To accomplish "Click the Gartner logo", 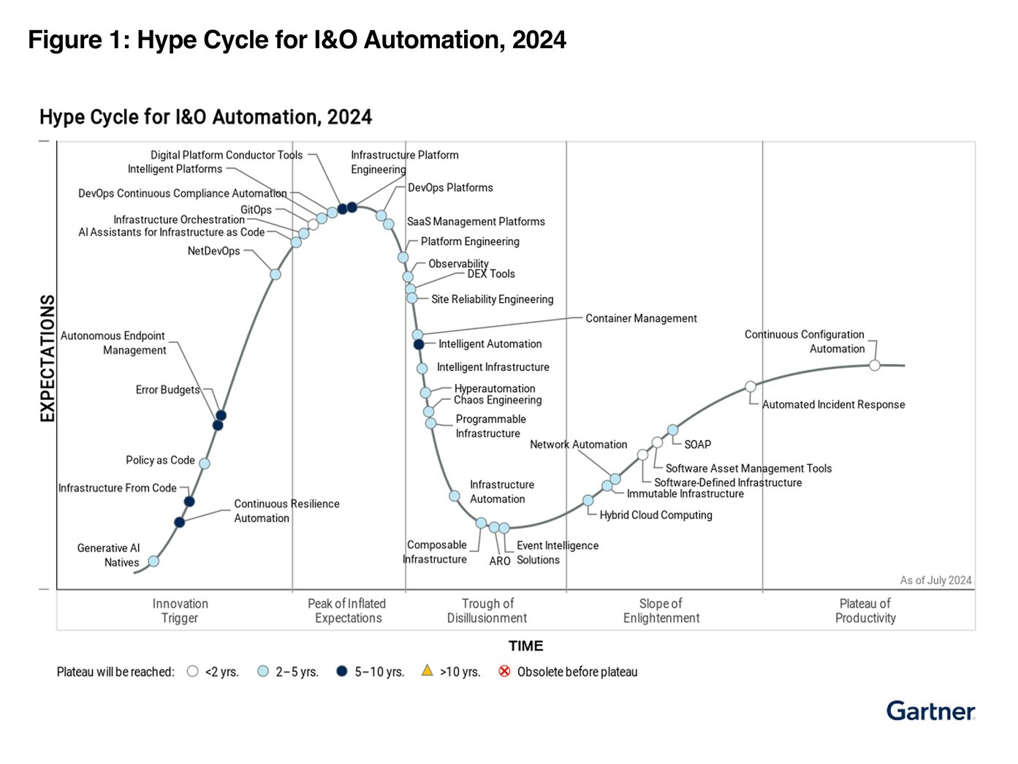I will click(x=930, y=711).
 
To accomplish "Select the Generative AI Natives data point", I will click(x=153, y=561).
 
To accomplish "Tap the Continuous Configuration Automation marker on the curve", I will click(x=875, y=365).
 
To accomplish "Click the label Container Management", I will click(x=641, y=319).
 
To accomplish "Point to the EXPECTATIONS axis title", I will click(x=48, y=358).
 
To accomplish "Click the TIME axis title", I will click(x=526, y=646).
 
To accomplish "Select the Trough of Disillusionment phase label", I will click(x=487, y=610).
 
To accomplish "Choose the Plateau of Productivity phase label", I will click(x=865, y=610).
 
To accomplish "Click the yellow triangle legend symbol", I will click(x=428, y=670).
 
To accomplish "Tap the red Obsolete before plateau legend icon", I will click(x=504, y=671).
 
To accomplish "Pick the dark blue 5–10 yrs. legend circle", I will click(x=341, y=671).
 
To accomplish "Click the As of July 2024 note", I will click(x=935, y=580).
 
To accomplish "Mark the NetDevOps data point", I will click(x=276, y=274).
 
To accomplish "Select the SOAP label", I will click(x=697, y=445).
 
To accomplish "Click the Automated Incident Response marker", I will click(x=751, y=387).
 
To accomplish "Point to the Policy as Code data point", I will click(x=205, y=464).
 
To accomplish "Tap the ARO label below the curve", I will click(x=500, y=561).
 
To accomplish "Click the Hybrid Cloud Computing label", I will click(x=656, y=515).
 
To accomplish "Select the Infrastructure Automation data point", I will click(x=455, y=496).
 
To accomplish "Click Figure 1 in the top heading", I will click(x=76, y=39).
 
